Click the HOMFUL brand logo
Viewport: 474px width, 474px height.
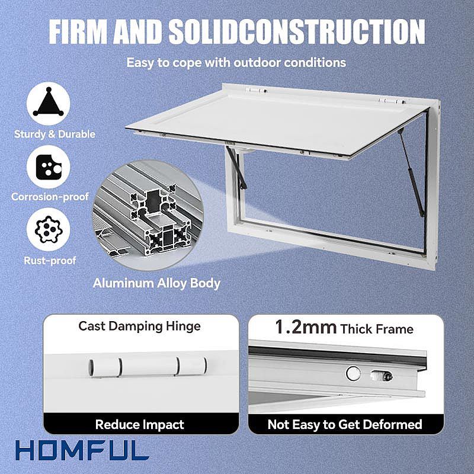tap(82, 450)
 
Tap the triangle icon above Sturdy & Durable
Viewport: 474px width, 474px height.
tap(49, 103)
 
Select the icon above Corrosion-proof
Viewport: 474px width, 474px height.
tap(49, 167)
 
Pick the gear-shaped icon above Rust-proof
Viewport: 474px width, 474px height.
tap(49, 229)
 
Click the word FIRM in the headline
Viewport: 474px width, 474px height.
tap(78, 32)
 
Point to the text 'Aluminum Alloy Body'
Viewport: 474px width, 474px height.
tap(156, 283)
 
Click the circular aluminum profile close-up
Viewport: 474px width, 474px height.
tap(148, 215)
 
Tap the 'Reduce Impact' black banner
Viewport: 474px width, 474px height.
tap(140, 424)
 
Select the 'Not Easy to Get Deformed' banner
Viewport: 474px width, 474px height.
tap(345, 424)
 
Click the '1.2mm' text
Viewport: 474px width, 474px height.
tap(306, 327)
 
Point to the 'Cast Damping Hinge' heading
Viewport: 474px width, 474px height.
tap(140, 326)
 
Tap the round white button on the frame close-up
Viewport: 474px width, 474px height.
tap(353, 373)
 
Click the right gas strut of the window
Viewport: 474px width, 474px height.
tap(411, 172)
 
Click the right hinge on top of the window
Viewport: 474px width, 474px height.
tap(391, 101)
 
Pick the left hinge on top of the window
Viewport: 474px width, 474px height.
tap(257, 90)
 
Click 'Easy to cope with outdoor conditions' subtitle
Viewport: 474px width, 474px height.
tap(236, 63)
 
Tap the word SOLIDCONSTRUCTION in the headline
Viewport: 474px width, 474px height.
tap(297, 32)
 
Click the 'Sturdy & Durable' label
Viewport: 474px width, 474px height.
tap(55, 134)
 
